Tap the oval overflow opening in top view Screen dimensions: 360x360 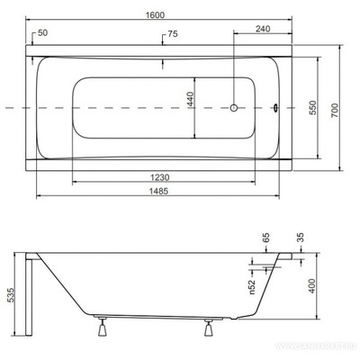pyautogui.click(x=274, y=109)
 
